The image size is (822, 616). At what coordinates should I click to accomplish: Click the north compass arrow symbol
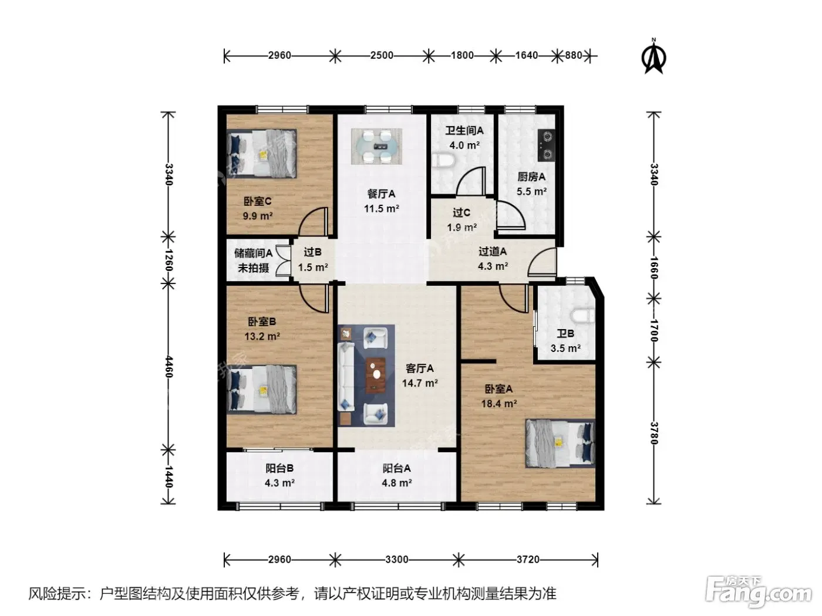653,57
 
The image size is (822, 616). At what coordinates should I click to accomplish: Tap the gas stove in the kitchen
547,145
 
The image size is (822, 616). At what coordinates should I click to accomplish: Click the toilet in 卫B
584,315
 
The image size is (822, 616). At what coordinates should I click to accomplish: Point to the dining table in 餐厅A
376,146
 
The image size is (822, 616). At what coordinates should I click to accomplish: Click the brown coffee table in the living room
376,375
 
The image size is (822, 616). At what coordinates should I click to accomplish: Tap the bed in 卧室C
262,153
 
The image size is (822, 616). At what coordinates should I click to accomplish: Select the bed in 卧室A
560,443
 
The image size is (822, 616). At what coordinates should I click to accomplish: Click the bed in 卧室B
262,390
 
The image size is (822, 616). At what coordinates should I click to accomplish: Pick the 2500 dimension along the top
382,55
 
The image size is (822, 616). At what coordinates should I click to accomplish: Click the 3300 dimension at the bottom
396,560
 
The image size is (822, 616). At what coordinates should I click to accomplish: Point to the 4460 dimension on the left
169,367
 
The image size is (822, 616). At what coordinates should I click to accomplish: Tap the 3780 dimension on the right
653,433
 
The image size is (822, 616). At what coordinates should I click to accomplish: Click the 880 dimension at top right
573,55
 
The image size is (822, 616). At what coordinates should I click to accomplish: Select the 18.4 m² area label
499,404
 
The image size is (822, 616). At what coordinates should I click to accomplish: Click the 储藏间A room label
253,253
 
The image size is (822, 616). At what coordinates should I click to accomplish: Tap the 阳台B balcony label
279,468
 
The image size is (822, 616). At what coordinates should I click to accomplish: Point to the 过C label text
461,212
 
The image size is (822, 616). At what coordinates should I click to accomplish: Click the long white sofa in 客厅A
346,377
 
